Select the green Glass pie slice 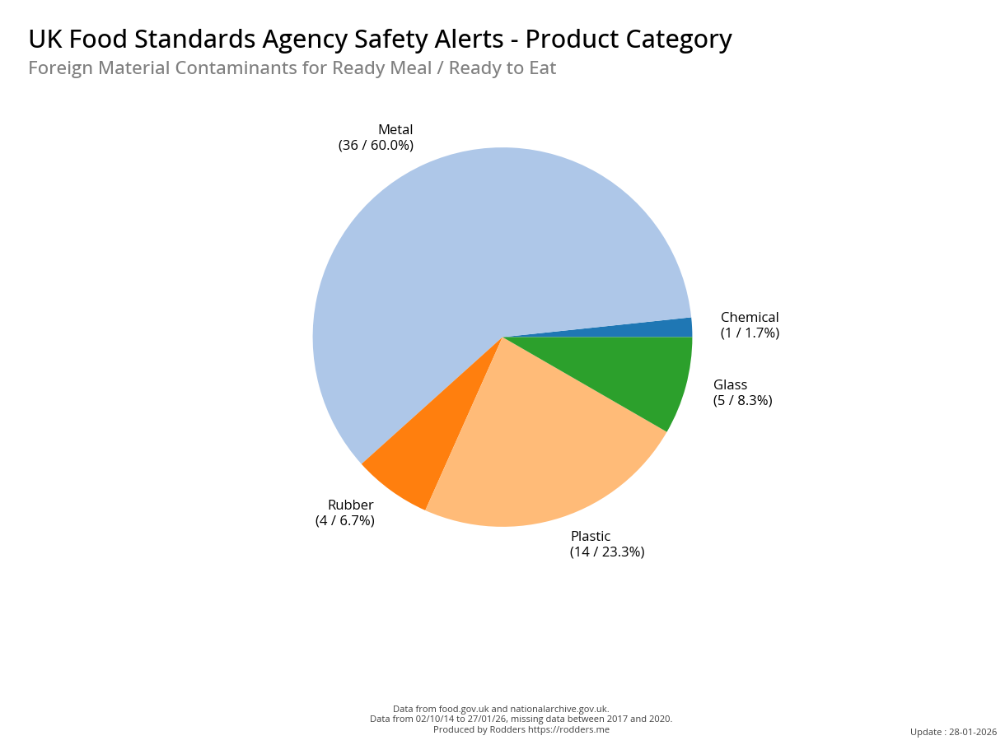coord(634,370)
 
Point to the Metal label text coord(395,130)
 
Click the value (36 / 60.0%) coord(376,146)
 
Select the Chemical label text coord(750,318)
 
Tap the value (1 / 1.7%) coord(750,333)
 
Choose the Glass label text coord(730,385)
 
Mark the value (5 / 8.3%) coord(742,401)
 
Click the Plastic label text coord(591,537)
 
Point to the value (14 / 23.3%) coord(607,552)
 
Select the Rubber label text coord(350,505)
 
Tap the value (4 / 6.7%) coord(344,521)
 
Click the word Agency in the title coord(311,40)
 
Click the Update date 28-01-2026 coord(973,732)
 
